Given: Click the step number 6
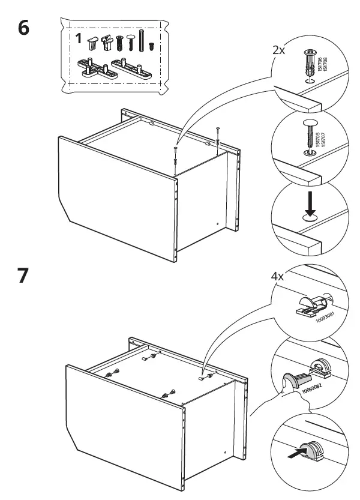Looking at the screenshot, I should click(x=25, y=29).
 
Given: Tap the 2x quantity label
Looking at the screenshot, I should click(x=278, y=50).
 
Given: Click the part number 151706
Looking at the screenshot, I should click(x=320, y=61).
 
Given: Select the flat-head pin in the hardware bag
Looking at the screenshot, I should click(x=130, y=43).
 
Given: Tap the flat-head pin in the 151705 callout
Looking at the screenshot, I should click(x=308, y=134).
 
